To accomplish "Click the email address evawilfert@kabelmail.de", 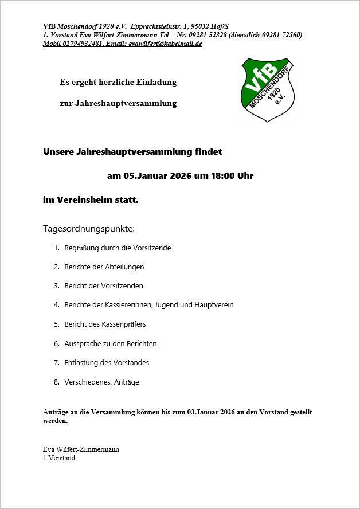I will pos(165,44).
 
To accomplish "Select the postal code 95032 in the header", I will pos(197,26).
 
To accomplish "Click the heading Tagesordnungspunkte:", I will pos(89,229).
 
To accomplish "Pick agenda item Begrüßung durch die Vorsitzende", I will pos(118,248).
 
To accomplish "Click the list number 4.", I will pos(56,305).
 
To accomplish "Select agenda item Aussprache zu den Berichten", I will pos(110,344).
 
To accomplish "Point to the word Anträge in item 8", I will pos(126,382).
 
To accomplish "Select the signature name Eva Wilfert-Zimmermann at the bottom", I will pos(81,449).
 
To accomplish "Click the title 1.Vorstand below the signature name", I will pos(59,458).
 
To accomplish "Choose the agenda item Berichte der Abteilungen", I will pos(104,267).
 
